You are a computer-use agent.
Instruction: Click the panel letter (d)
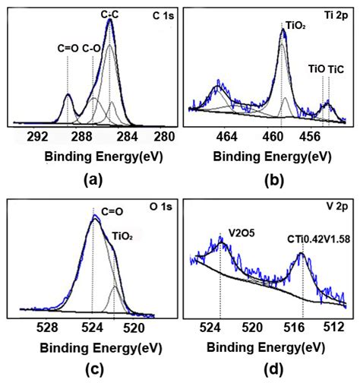tap(271, 370)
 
